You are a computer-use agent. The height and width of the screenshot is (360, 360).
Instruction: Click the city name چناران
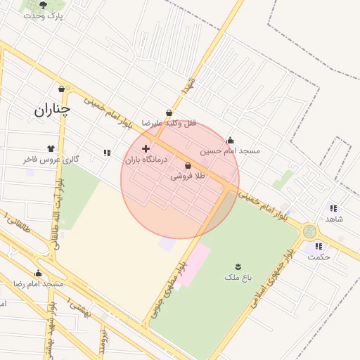tap(52, 109)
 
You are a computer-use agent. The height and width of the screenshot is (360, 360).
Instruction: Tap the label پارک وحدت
tap(43, 15)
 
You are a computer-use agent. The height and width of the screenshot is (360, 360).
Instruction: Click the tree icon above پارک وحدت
tap(44, 5)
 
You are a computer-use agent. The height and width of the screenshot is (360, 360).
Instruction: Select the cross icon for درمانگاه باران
tap(146, 148)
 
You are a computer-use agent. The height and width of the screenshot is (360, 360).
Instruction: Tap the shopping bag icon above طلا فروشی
tap(188, 166)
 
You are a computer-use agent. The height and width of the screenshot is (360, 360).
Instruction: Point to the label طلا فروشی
tap(188, 177)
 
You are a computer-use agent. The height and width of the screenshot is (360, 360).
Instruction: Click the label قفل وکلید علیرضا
tap(168, 123)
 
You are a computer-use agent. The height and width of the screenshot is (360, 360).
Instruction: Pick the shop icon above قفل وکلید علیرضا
tap(168, 112)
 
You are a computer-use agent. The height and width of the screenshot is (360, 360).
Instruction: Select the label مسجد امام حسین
tap(230, 150)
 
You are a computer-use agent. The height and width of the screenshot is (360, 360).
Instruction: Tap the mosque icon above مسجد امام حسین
tap(230, 140)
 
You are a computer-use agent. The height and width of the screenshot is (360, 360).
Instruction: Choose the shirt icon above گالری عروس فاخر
tap(51, 148)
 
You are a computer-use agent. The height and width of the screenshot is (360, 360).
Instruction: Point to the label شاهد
tap(333, 219)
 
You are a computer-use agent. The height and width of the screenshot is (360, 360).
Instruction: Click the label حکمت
tap(319, 257)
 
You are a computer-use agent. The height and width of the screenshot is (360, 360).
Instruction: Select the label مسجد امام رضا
tap(39, 283)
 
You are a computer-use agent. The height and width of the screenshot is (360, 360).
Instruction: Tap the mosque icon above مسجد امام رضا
tap(39, 274)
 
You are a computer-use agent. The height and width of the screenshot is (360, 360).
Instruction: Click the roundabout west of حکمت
tap(309, 231)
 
